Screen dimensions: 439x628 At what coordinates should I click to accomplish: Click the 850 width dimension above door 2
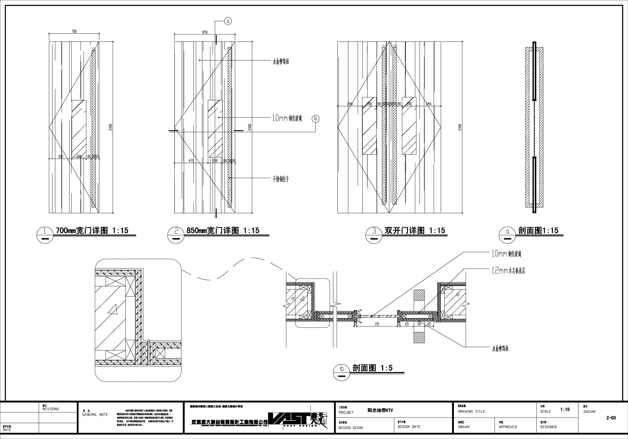[x=205, y=32]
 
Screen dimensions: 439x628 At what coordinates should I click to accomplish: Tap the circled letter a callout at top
[x=228, y=22]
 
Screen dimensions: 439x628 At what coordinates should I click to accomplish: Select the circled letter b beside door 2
[x=316, y=119]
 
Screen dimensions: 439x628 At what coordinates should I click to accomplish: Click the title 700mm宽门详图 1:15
[x=92, y=231]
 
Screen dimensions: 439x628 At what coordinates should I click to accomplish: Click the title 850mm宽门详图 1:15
[x=223, y=231]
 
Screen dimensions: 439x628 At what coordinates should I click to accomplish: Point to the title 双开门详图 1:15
[x=415, y=231]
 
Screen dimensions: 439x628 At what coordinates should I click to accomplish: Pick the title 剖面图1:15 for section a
[x=538, y=231]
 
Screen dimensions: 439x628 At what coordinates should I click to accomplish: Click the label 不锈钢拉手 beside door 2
[x=281, y=179]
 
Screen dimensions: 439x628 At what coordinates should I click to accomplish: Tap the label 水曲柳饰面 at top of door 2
[x=281, y=61]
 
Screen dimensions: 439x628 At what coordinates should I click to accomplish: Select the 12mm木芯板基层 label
[x=508, y=271]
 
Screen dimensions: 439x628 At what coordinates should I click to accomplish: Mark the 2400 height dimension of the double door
[x=460, y=127]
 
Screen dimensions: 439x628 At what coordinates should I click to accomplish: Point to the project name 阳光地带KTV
[x=380, y=410]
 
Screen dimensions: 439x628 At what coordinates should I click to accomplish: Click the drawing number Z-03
[x=611, y=418]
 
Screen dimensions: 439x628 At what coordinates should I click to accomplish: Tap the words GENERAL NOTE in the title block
[x=95, y=415]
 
